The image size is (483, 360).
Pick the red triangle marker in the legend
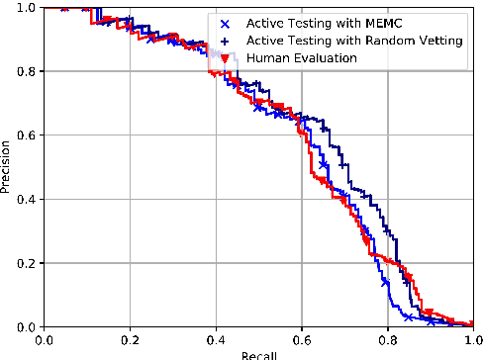pos(228,59)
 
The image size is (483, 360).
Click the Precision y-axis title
pos(8,166)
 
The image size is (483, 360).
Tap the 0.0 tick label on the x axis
pos(45,339)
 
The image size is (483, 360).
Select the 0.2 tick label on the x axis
pos(130,339)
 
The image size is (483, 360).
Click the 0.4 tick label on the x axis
pos(216,339)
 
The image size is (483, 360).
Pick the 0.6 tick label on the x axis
pos(301,339)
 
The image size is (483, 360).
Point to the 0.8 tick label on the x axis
pos(387,339)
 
